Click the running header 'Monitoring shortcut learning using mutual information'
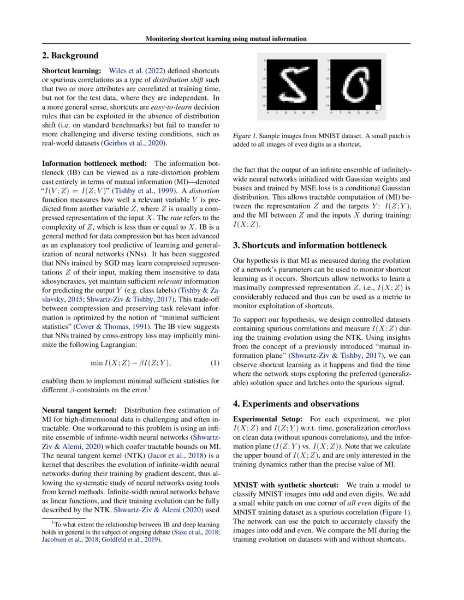coord(225,39)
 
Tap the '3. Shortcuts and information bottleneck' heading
coord(310,245)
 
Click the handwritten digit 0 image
coord(356,84)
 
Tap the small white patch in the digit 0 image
coord(378,107)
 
